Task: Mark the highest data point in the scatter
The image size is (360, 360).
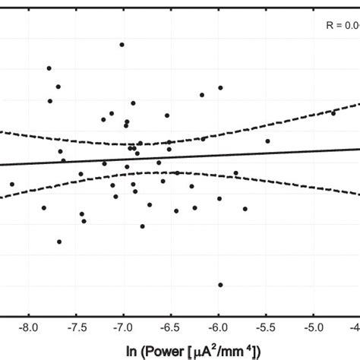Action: [122, 45]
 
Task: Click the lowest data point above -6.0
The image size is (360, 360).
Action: [220, 285]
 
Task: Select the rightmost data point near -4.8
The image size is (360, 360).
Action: [333, 113]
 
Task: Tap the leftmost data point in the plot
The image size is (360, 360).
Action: [11, 184]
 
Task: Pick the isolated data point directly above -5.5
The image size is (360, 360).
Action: [267, 141]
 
